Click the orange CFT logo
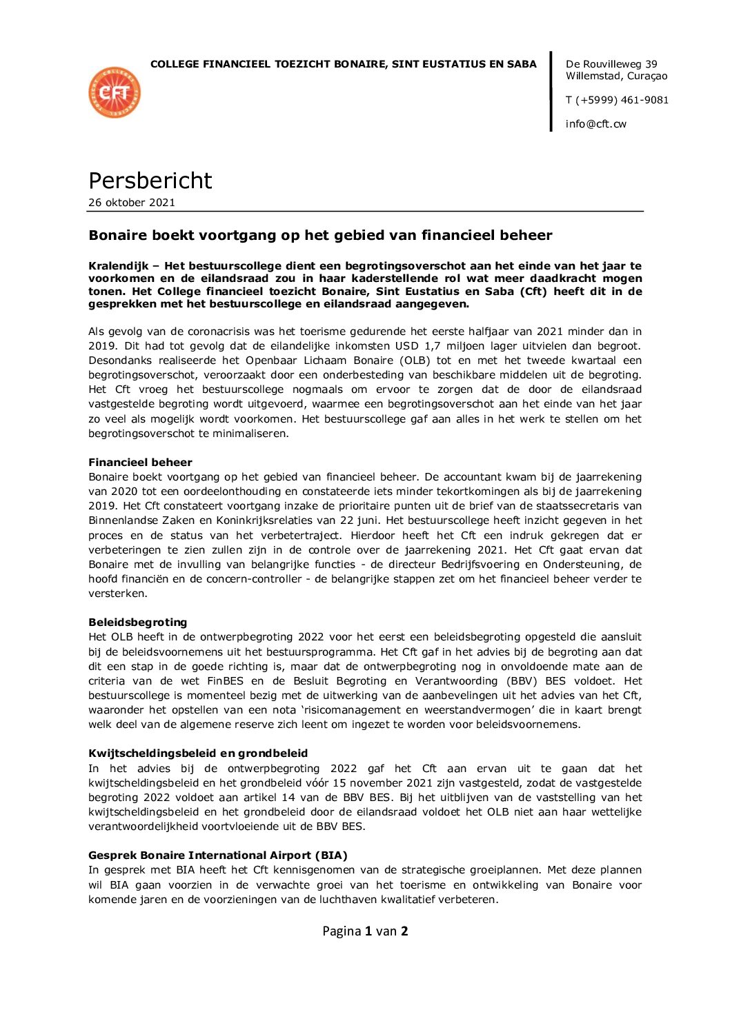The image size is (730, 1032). click(x=115, y=92)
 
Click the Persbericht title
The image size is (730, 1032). click(x=150, y=181)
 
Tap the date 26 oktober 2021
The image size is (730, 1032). click(x=131, y=203)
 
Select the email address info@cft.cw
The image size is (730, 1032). click(x=595, y=124)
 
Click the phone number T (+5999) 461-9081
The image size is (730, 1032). click(x=617, y=100)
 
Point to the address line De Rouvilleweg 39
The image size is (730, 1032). click(x=611, y=64)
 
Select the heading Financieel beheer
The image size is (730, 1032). click(x=140, y=463)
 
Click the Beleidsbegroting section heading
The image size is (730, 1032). click(x=137, y=623)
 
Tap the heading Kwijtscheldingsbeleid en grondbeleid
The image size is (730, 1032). click(x=198, y=753)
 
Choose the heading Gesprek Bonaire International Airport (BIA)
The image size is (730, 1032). click(x=217, y=856)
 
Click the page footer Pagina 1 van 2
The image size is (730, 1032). click(x=365, y=931)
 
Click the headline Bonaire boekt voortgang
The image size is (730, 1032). click(x=320, y=235)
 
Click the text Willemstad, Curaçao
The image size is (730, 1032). click(x=616, y=77)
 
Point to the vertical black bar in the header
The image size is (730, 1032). click(x=551, y=91)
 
